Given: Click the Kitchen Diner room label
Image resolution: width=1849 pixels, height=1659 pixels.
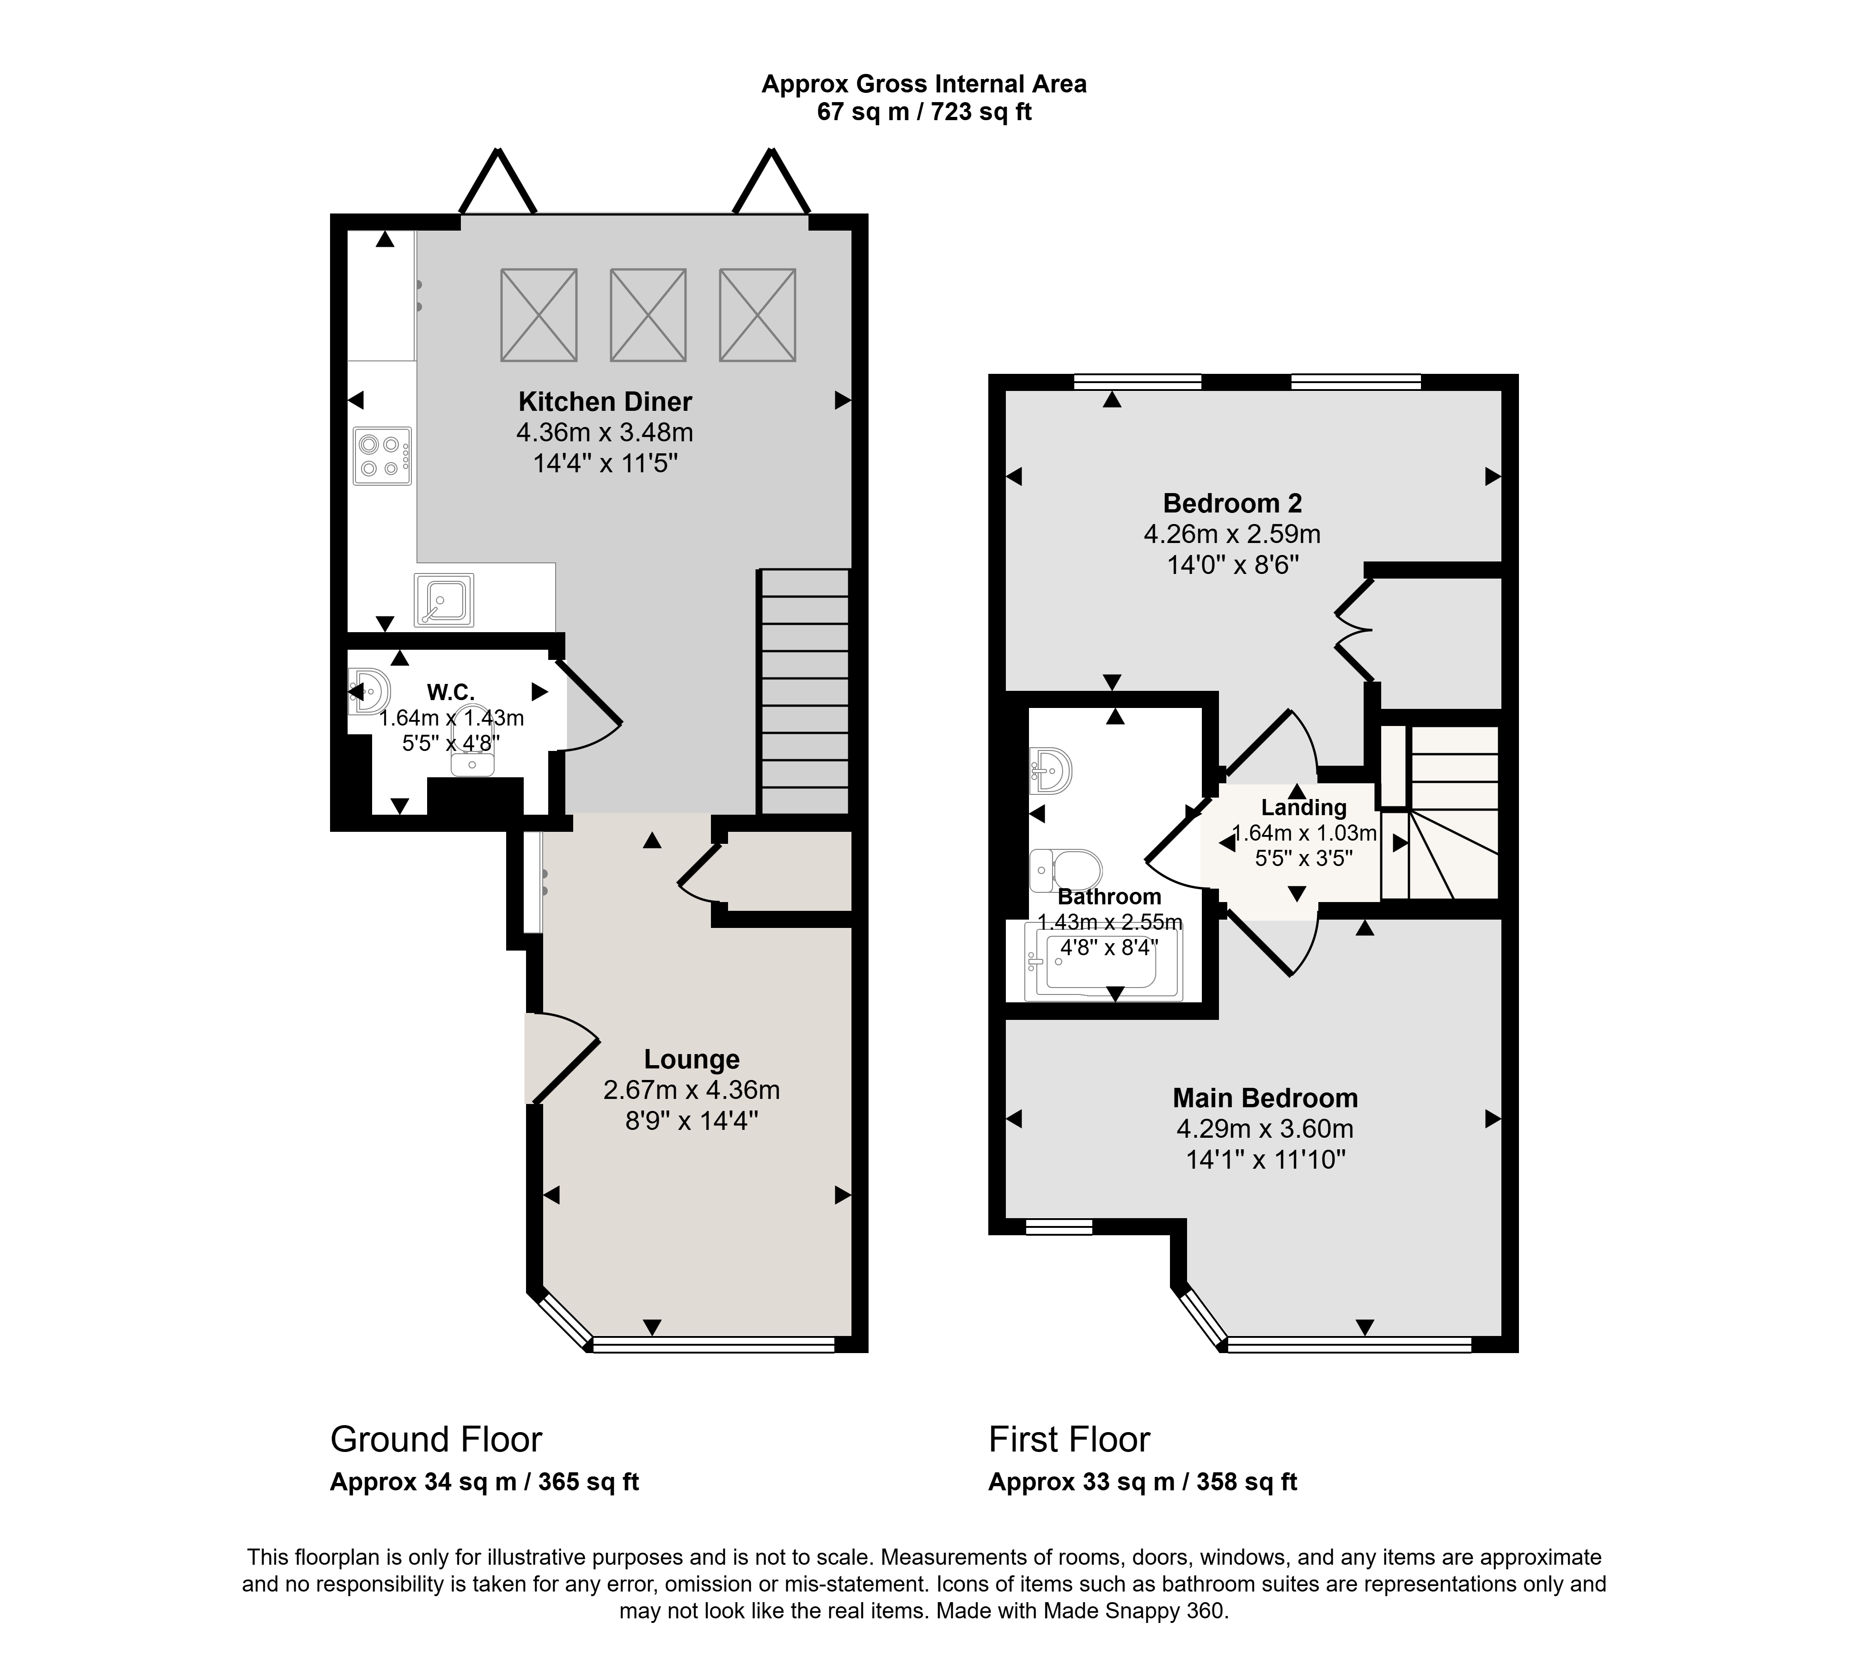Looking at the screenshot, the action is (606, 402).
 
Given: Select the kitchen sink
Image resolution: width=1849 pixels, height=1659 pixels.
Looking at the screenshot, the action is (444, 600).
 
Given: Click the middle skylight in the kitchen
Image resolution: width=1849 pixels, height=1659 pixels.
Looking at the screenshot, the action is (648, 315).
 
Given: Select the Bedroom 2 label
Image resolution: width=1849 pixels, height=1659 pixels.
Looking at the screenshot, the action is (1233, 503).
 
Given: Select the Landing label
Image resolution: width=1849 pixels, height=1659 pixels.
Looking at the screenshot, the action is (1304, 808).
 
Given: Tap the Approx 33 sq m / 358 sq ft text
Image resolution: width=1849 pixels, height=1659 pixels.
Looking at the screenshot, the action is (1142, 1482).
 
